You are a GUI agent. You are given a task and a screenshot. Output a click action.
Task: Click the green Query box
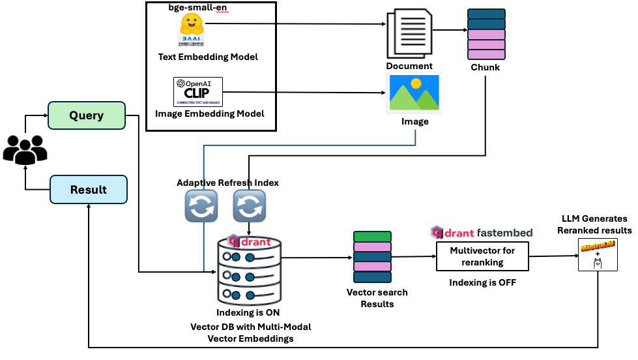coord(87,115)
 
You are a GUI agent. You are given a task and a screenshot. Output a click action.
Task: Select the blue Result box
coord(88,190)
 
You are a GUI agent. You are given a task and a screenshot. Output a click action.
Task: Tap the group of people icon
coord(25,149)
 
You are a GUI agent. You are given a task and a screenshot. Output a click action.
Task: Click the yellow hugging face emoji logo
coord(191,25)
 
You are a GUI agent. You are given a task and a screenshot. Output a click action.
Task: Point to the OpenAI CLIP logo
coord(197,92)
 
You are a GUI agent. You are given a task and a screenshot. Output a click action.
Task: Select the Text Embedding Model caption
coord(208,57)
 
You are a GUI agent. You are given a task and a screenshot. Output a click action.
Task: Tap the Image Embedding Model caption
coord(210,113)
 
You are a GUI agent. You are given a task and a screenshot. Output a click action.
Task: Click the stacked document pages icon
coord(409,33)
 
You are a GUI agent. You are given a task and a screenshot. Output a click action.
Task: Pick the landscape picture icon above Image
coord(415,93)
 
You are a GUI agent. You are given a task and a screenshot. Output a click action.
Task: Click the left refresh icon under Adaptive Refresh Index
coord(201,207)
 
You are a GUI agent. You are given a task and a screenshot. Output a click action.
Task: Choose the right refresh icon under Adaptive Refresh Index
coord(250,207)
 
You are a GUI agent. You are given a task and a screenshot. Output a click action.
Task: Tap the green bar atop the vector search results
coord(371,237)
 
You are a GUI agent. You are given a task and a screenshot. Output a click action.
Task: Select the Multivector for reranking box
coord(482,256)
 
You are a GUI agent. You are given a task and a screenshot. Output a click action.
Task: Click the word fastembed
coord(504,233)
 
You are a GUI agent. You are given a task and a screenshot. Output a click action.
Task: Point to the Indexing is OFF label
coord(482,283)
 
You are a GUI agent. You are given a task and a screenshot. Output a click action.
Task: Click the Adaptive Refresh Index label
coord(227,183)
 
